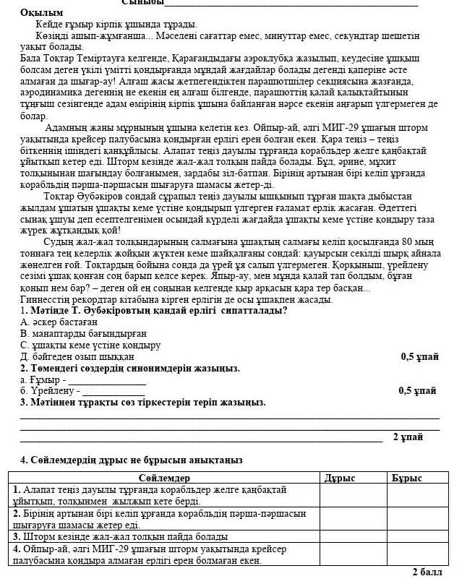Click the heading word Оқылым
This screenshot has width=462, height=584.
[42, 13]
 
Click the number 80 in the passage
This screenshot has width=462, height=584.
[408, 242]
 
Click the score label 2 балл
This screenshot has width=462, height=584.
[427, 572]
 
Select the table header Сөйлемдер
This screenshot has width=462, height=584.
[163, 478]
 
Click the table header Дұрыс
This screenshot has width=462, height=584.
[340, 478]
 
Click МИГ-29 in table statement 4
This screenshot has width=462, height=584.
[108, 549]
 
